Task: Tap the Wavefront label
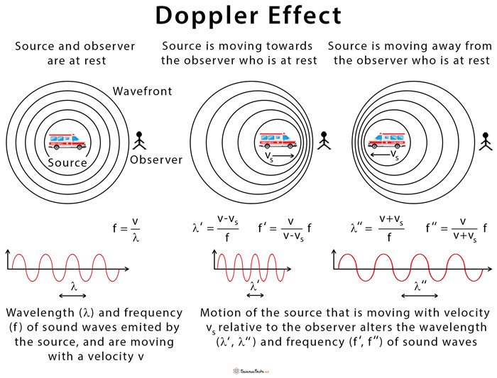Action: click(142, 91)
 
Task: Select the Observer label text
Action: click(155, 160)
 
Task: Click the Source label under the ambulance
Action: click(67, 162)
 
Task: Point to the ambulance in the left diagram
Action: click(67, 141)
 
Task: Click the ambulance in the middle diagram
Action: click(278, 140)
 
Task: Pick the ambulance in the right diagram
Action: click(386, 140)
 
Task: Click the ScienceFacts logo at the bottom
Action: click(248, 369)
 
